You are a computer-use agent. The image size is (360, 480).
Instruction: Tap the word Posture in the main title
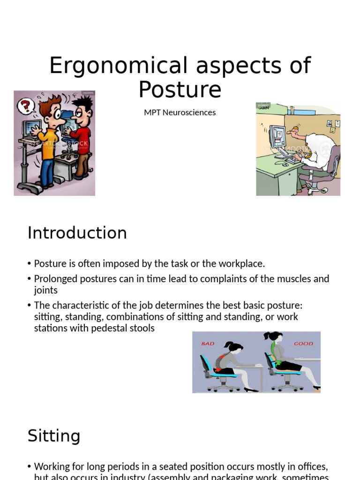[180, 89]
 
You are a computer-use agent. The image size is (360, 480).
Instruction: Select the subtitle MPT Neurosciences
[180, 112]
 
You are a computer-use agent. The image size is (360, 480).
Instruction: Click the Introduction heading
[77, 233]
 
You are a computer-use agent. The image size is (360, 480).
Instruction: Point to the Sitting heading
[53, 436]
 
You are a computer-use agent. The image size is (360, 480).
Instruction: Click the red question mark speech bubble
[26, 105]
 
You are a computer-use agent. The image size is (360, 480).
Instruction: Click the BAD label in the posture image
[207, 344]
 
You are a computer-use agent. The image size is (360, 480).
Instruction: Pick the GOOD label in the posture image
[303, 344]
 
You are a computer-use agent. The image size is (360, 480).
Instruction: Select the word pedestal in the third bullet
[115, 328]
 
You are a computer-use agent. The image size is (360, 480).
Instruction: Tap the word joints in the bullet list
[46, 290]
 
